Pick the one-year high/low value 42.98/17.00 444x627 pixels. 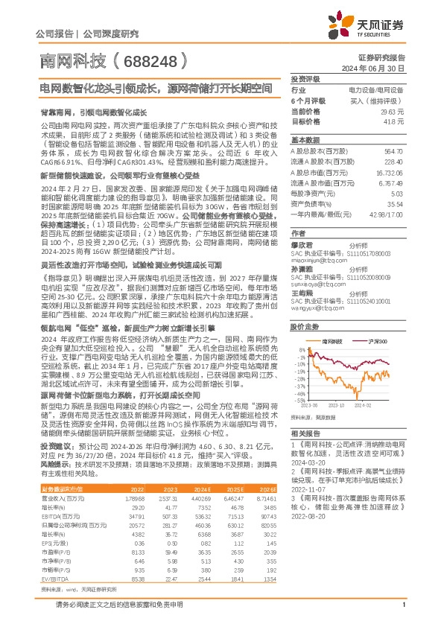[x=385, y=194]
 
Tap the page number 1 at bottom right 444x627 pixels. [x=403, y=613]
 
